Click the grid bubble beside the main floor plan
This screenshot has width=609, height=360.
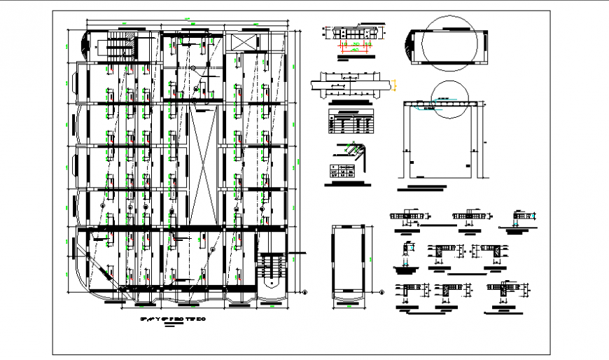tap(304, 291)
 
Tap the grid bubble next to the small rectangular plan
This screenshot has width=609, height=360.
tap(382, 293)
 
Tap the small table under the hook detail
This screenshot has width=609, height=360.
tap(342, 172)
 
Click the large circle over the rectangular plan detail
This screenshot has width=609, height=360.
tap(445, 43)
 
